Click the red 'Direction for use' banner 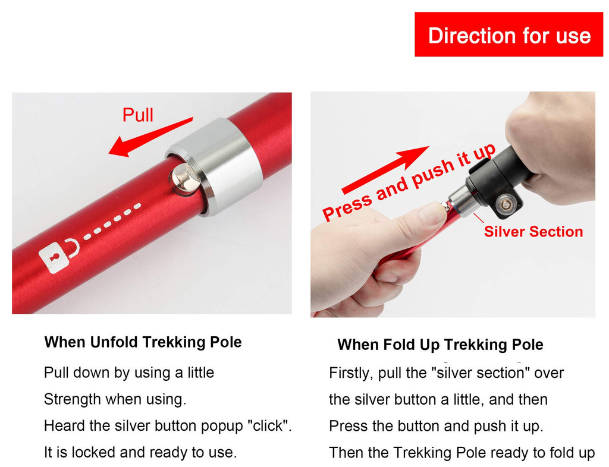pos(508,34)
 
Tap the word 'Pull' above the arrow pos(138,115)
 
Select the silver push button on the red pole pos(184,178)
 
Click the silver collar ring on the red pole pos(215,165)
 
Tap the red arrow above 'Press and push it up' pos(385,170)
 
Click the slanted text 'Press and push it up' pos(409,182)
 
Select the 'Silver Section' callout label pos(533,232)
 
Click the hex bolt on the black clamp pos(506,204)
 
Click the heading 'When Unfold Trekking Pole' pos(143,342)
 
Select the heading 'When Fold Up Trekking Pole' pos(440,345)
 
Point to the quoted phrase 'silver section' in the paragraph pos(481,373)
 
